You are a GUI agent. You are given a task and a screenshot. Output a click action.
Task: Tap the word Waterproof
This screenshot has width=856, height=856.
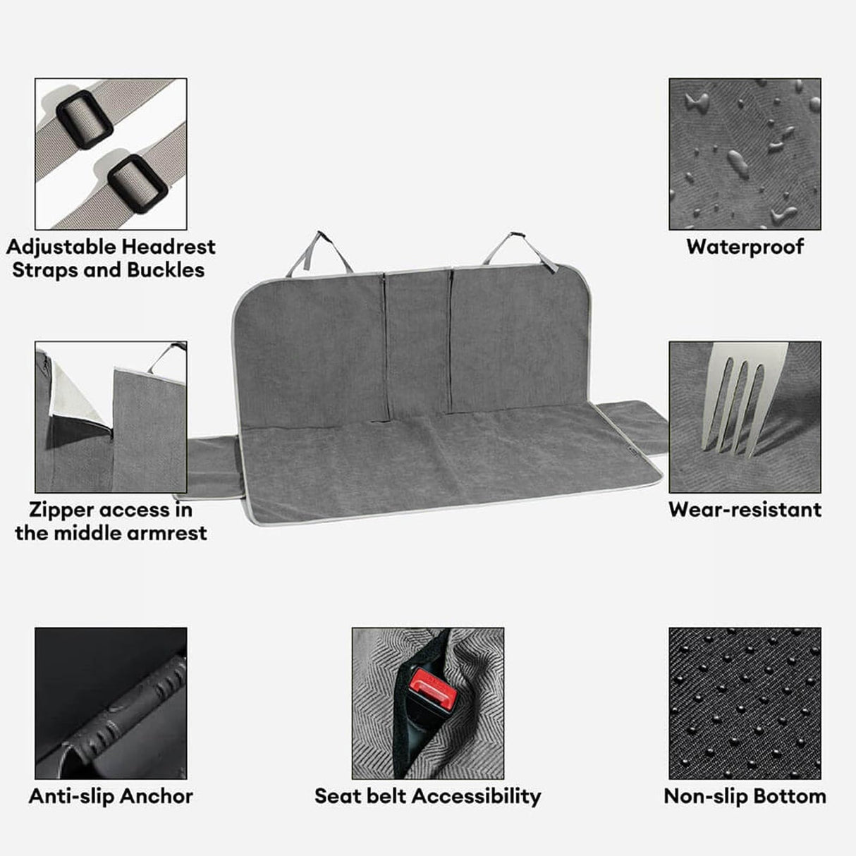click(x=745, y=247)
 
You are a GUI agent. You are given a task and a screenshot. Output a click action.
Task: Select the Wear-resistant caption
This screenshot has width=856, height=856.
click(x=745, y=509)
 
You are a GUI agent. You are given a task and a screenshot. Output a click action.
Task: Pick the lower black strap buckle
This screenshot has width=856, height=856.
click(x=137, y=183)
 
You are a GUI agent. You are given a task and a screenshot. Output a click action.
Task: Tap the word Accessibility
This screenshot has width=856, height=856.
click(x=477, y=796)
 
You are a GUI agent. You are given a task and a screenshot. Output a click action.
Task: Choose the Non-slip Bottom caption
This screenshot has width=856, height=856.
click(x=745, y=796)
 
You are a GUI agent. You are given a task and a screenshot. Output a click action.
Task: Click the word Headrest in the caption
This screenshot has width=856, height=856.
click(x=168, y=247)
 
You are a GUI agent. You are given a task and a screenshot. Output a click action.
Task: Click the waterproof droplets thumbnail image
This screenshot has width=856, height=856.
click(x=745, y=154)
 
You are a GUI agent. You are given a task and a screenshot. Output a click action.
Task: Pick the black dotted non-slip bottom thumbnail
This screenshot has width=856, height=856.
click(x=745, y=703)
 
